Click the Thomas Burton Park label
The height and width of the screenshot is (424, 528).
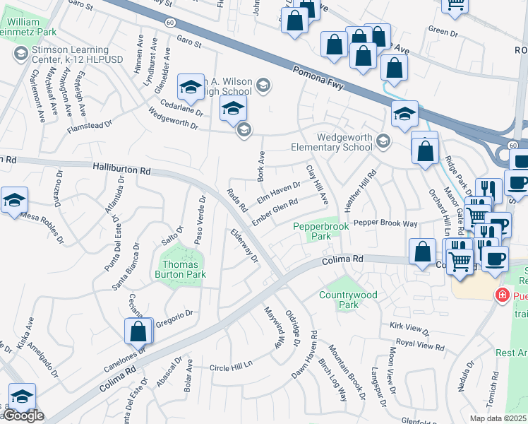180,269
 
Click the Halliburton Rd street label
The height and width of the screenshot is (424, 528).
121,170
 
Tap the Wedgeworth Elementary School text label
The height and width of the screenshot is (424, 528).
332,142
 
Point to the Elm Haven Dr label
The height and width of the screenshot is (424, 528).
278,192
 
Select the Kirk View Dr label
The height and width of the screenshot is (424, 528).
409,329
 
